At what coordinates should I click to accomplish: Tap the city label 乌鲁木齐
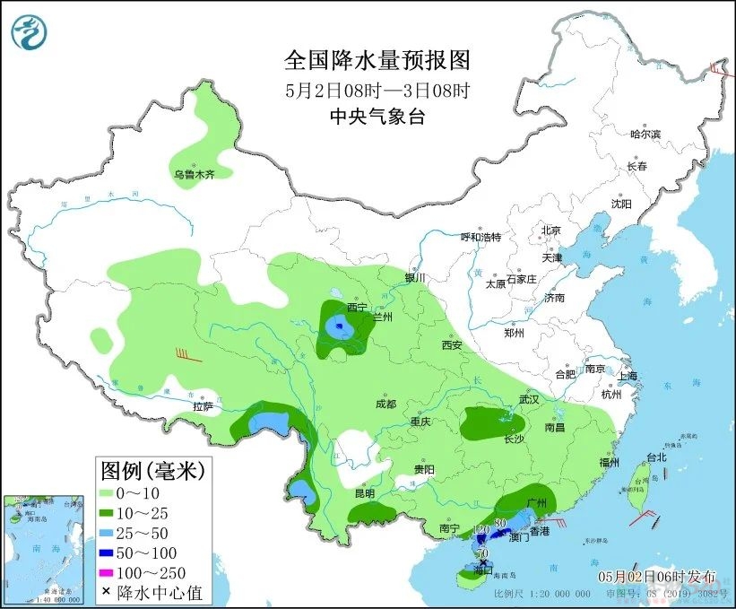click(195, 174)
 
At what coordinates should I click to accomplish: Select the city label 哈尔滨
click(645, 134)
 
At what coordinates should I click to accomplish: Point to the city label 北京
click(550, 231)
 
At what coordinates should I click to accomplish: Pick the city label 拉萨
click(203, 406)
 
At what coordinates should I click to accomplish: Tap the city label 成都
click(385, 404)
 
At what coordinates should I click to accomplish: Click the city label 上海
click(627, 375)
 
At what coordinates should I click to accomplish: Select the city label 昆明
click(364, 493)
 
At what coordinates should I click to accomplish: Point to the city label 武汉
click(529, 398)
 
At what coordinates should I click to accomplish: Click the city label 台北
click(656, 457)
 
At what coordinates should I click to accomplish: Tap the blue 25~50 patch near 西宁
click(339, 327)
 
